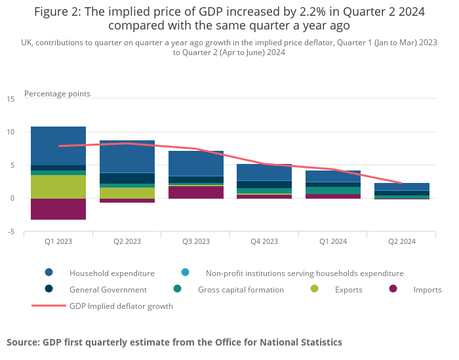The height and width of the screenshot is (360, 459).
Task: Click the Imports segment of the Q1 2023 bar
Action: (x=58, y=209)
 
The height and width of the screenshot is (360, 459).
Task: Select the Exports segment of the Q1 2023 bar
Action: (x=58, y=187)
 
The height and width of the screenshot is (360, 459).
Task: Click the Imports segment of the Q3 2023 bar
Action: (x=196, y=192)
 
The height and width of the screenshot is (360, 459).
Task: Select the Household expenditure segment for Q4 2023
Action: (x=265, y=172)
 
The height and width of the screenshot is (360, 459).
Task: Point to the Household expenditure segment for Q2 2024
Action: (x=402, y=187)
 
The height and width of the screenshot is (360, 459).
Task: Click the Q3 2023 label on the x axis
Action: (x=196, y=241)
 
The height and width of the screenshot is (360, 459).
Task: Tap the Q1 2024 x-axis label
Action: (x=333, y=241)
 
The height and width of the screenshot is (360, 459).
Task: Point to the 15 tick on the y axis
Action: (x=10, y=99)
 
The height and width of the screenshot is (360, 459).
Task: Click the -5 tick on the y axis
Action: (x=10, y=231)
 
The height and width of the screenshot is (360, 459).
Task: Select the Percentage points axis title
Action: (x=57, y=94)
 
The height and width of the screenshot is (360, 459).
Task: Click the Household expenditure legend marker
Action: (x=49, y=273)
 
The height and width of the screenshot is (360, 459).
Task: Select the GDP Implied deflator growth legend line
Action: (x=49, y=306)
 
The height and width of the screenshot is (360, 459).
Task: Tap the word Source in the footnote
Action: (x=24, y=342)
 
